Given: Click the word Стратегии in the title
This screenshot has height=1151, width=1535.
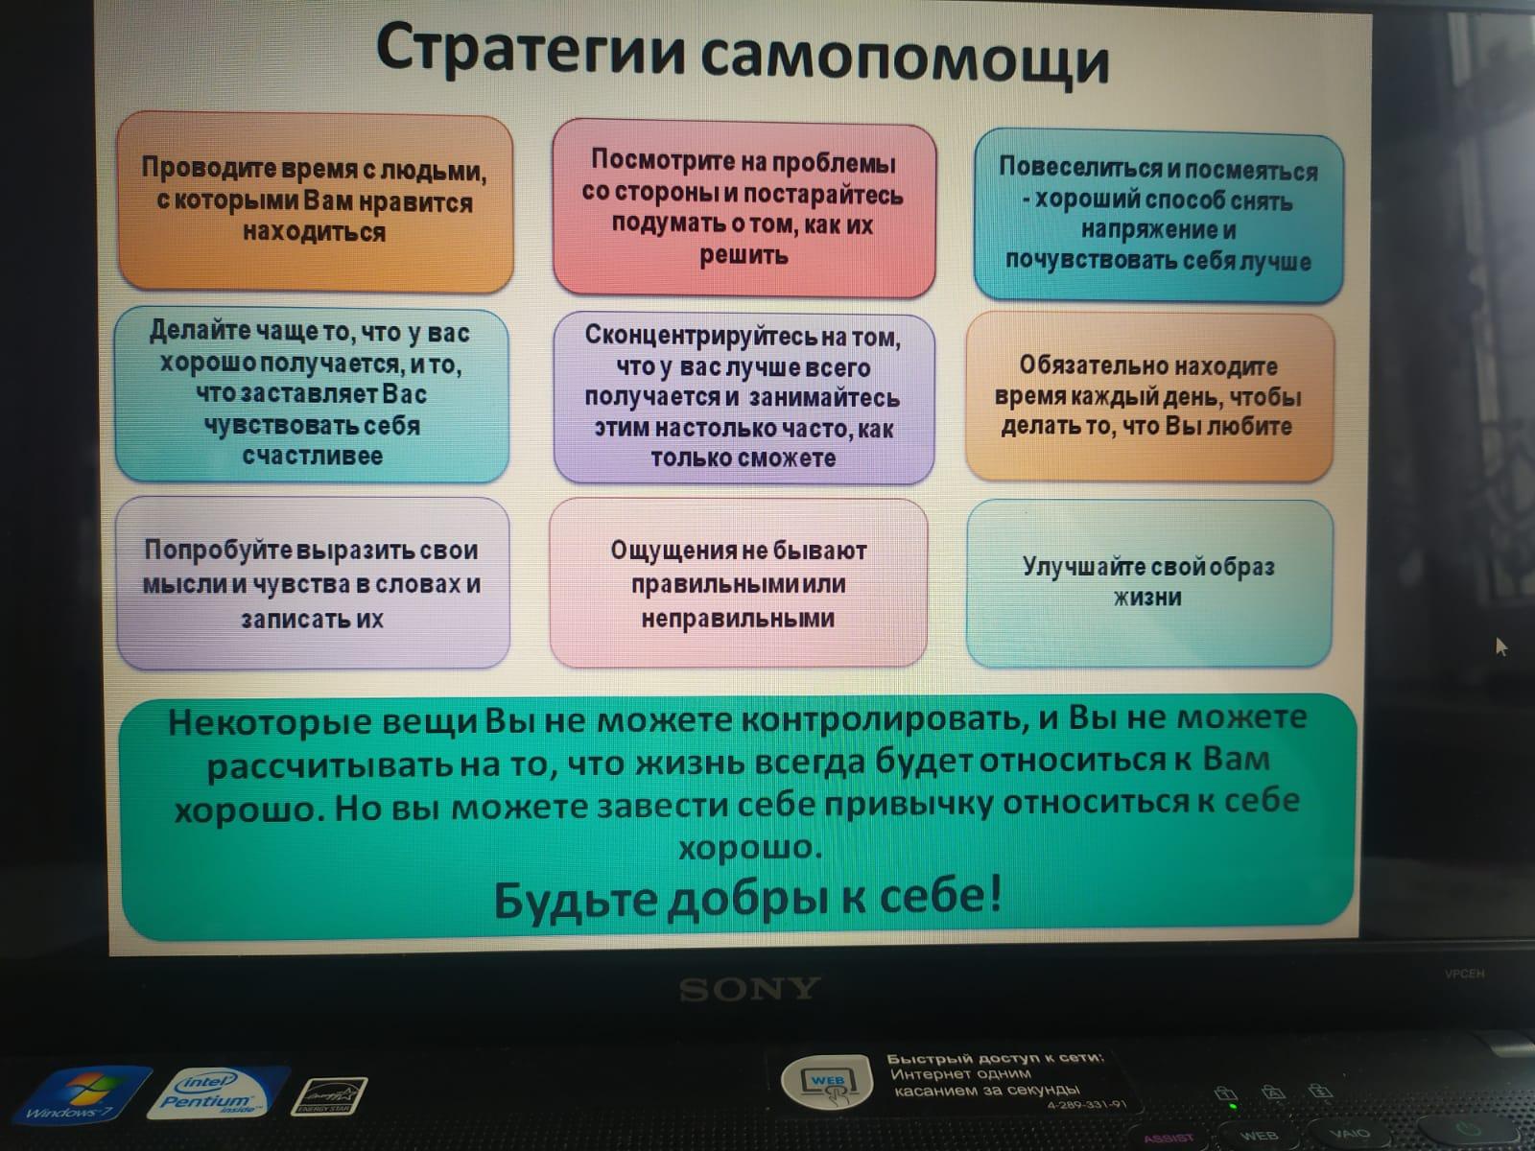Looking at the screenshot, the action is (x=531, y=50).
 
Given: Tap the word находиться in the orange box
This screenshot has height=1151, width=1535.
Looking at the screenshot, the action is (x=314, y=231).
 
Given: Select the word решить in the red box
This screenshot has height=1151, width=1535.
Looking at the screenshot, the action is (x=744, y=255).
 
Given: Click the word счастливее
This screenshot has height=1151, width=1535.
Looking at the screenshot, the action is (x=313, y=457).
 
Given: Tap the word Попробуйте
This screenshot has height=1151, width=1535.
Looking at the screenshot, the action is (x=218, y=551).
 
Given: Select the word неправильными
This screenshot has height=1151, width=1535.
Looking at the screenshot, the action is (x=738, y=619).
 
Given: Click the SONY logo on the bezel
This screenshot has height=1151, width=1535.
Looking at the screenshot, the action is (x=749, y=989).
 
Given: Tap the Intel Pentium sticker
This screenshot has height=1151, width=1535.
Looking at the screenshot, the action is (x=217, y=1092).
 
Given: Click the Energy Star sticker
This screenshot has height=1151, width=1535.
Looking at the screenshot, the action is (x=329, y=1095).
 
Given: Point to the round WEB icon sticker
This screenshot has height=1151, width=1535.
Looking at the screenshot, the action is (x=827, y=1082).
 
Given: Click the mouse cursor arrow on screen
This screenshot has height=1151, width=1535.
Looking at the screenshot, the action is (x=1500, y=646).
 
